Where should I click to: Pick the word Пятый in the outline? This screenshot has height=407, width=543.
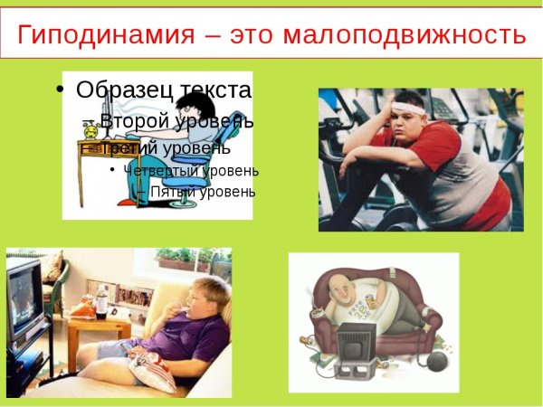[169, 192]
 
